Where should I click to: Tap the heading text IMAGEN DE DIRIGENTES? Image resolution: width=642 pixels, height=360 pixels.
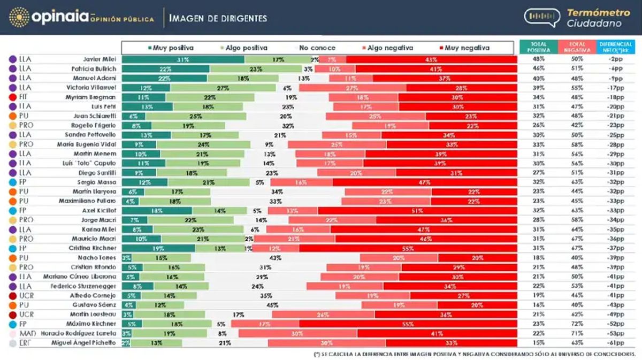(x=218, y=18)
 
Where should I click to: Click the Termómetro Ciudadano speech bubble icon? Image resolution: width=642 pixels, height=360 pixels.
(x=542, y=17)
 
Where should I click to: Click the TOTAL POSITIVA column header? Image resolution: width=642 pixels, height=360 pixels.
(x=538, y=47)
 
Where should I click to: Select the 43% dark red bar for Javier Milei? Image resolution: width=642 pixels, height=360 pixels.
(x=431, y=59)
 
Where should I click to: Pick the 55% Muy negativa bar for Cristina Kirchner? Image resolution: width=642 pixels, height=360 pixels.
(x=408, y=248)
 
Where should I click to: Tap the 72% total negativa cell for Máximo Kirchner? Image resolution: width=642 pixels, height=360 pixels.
(x=577, y=324)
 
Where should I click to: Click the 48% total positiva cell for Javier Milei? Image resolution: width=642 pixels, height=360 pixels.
(x=539, y=59)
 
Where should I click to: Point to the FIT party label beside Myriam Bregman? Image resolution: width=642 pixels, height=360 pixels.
(x=24, y=97)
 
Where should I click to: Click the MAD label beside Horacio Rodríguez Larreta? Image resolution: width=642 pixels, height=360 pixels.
(x=27, y=333)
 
